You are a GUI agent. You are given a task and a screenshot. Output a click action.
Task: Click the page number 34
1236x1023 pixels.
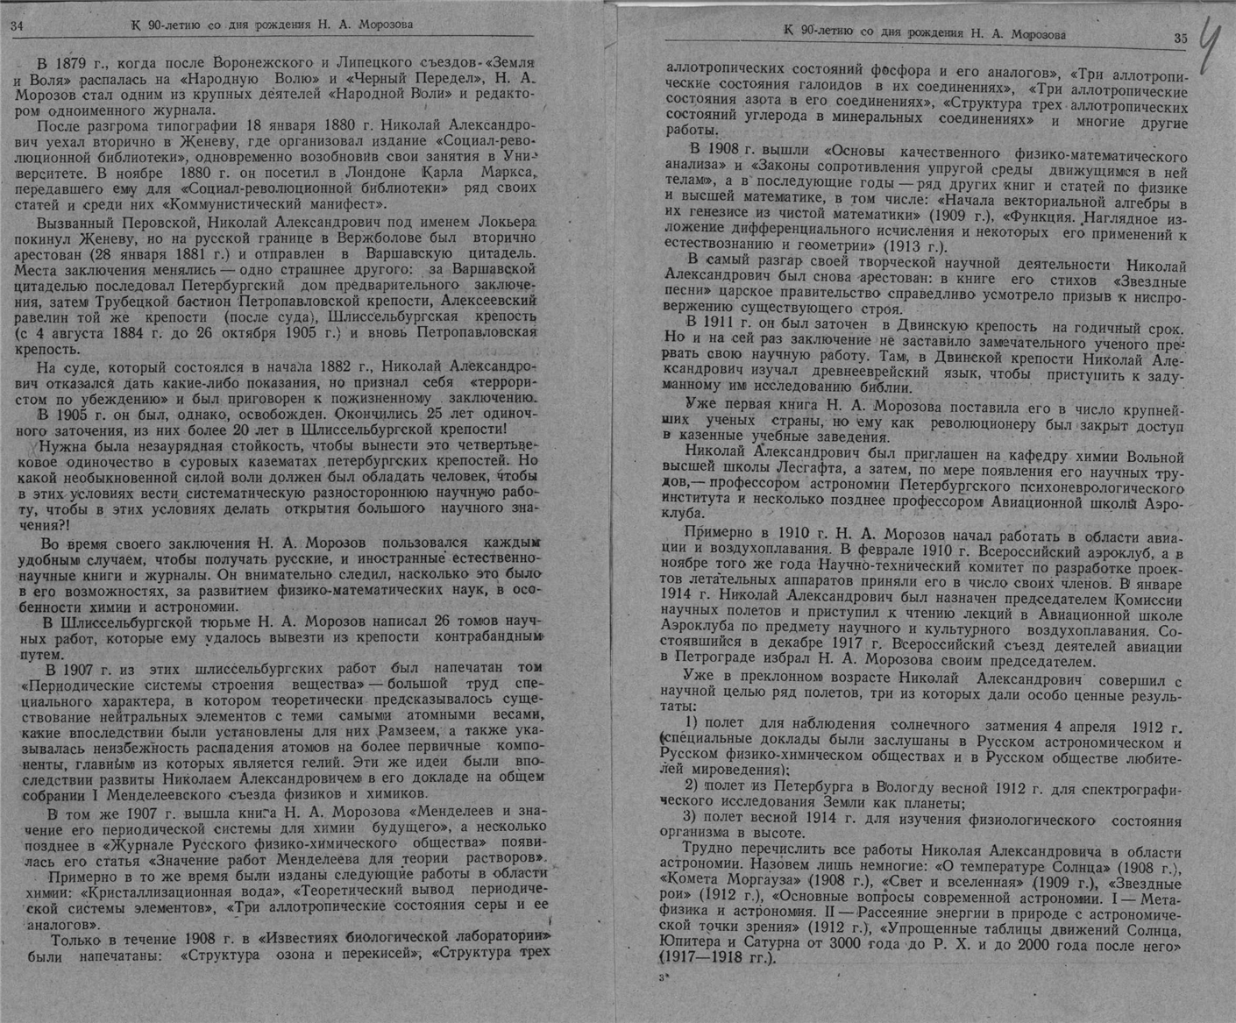[17, 25]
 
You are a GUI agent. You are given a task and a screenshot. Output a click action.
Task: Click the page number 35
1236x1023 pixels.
[1179, 38]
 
